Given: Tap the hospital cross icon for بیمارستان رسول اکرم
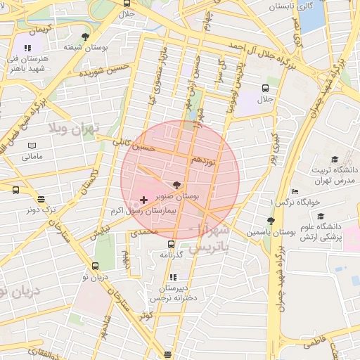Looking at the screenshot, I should coord(144,200).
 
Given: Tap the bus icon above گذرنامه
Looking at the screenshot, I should coord(171,244).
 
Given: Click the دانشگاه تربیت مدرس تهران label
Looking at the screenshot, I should coord(335,175).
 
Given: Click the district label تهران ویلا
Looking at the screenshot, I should coord(73,129).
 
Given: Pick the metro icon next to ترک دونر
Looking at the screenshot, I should coord(41,199).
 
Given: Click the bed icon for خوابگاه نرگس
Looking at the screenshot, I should coord(295,191).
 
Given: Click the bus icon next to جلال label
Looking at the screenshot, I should coord(265,89).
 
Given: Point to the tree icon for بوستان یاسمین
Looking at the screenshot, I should coord(270,221).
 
